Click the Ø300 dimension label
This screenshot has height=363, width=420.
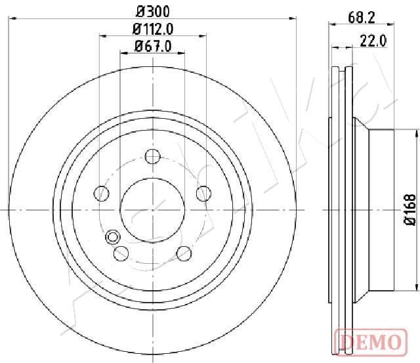coord(153,12)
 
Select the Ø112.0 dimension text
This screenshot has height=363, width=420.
coord(153,29)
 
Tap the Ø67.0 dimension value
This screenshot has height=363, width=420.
coord(153,46)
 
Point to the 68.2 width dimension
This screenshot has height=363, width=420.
coord(362,18)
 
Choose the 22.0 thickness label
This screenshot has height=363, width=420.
coord(373,41)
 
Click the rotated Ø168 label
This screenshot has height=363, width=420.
coord(410,210)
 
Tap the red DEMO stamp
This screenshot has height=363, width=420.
coord(371,342)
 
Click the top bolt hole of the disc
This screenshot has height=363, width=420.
coord(152,156)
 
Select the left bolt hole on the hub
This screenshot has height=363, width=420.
coord(102,193)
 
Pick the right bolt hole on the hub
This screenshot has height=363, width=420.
coord(203,193)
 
